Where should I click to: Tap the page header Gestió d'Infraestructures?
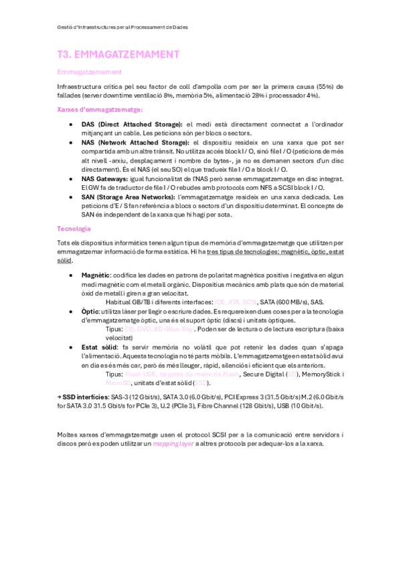(123, 27)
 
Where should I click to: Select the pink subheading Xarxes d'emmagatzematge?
(100, 110)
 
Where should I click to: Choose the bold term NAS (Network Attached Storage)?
(135, 143)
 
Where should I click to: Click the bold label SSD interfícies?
(81, 397)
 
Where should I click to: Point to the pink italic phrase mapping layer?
(173, 425)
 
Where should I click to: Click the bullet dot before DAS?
(71, 125)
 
